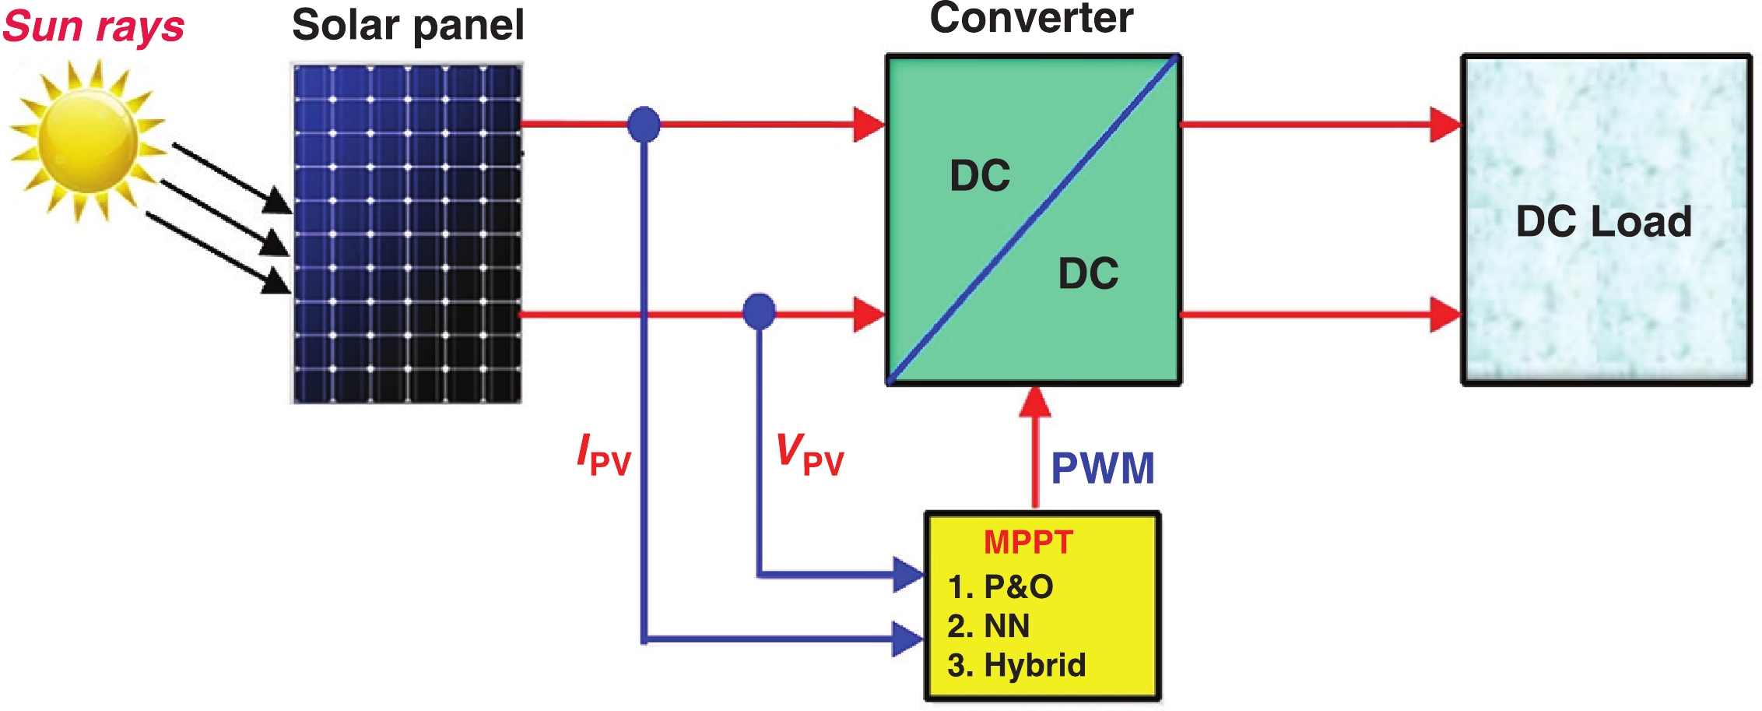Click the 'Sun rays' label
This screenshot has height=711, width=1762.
[x=93, y=26]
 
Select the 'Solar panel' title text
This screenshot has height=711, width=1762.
[x=408, y=25]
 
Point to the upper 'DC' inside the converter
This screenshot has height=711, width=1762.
[x=980, y=175]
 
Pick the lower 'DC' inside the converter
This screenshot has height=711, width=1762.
[x=1088, y=273]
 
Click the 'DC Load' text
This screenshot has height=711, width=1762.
[x=1603, y=221]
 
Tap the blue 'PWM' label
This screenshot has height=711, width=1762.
[x=1102, y=468]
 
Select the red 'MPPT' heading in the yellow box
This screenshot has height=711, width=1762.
[x=1028, y=542]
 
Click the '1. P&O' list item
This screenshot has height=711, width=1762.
[x=1000, y=586]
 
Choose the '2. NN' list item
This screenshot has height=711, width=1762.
[x=988, y=626]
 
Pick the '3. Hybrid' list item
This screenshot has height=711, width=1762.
[x=1016, y=665]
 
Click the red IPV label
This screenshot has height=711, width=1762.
[x=603, y=456]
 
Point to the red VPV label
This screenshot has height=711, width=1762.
[x=809, y=456]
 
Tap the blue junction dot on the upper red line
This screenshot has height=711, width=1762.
[x=644, y=125]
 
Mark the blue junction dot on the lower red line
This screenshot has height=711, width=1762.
[x=759, y=312]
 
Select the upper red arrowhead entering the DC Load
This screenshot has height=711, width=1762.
[x=1445, y=125]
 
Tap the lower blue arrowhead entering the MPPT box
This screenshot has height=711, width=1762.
[x=907, y=639]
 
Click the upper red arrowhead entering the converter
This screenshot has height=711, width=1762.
[x=869, y=125]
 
